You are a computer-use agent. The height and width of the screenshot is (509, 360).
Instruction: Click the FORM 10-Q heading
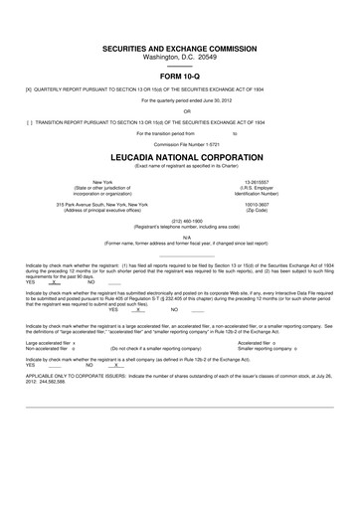click(180, 75)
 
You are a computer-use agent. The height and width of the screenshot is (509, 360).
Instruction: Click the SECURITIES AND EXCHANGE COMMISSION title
click(180, 48)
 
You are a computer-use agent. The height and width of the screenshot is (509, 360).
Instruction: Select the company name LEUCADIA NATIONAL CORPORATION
click(180, 156)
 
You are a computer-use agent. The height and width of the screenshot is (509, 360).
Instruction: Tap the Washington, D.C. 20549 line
click(180, 57)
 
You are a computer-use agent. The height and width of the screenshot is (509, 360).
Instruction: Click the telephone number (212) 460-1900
click(180, 220)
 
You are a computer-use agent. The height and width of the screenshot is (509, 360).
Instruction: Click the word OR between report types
click(180, 110)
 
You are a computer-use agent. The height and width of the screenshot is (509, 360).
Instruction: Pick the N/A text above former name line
click(180, 236)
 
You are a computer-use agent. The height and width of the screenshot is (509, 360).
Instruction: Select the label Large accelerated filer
click(49, 369)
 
